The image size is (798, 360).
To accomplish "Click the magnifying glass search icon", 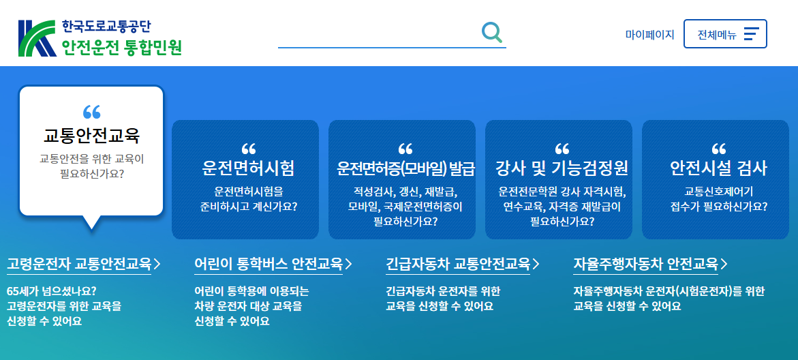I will tap(491, 31).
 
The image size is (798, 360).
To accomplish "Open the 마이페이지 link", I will tap(649, 34).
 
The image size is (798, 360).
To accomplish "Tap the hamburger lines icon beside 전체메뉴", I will tap(751, 34).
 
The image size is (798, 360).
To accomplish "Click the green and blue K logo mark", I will tap(37, 38).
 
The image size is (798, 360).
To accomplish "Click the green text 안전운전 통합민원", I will tap(121, 47).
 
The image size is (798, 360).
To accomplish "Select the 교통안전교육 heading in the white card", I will tap(91, 136).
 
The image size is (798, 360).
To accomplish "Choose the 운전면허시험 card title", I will tap(248, 168).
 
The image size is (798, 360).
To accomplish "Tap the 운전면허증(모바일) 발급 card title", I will tap(405, 168).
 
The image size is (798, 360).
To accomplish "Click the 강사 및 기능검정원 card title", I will tap(562, 168).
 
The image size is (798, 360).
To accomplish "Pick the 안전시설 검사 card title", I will tap(718, 168).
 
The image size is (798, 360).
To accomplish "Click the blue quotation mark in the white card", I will tap(91, 112).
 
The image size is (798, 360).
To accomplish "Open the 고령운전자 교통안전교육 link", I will tap(79, 264).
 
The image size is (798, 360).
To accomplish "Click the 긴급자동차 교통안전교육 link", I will tap(457, 264).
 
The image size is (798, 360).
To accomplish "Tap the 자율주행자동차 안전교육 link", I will tap(645, 264).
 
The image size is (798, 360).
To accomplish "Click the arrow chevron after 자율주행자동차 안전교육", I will tap(724, 265).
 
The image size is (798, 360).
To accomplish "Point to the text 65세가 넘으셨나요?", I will tap(51, 291).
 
